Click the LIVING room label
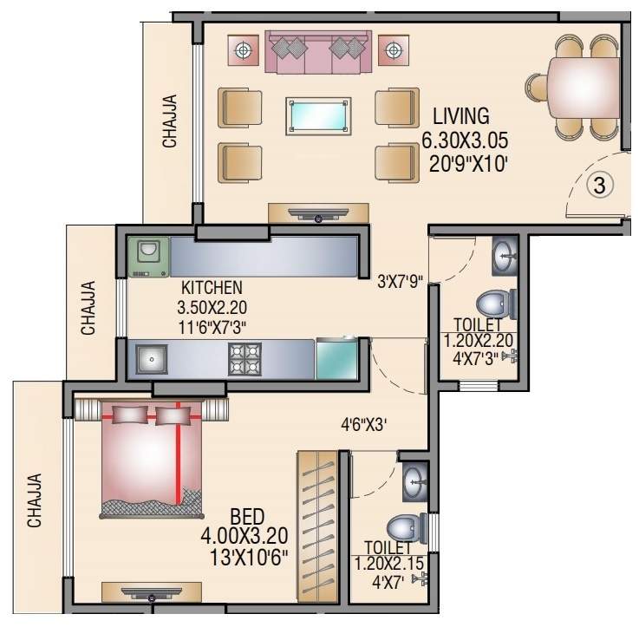click(x=461, y=116)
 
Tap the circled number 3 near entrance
click(x=597, y=185)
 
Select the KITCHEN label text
click(x=212, y=287)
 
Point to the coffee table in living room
click(x=319, y=115)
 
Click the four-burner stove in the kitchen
click(x=245, y=358)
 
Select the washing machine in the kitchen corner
click(x=149, y=257)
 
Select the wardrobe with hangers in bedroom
click(x=317, y=527)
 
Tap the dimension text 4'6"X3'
click(x=368, y=425)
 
